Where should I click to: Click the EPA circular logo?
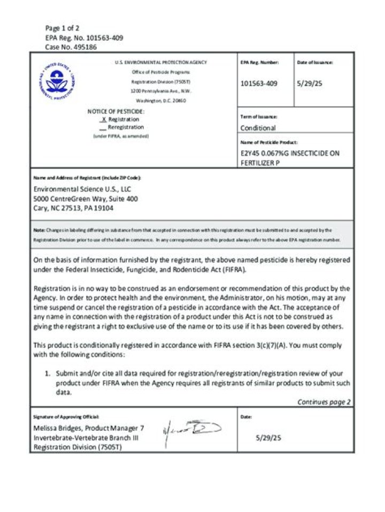point(57,81)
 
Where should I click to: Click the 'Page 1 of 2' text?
point(63,28)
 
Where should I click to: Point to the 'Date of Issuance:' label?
point(315,63)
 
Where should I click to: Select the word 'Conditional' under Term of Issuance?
point(258,128)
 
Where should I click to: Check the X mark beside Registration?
point(104,119)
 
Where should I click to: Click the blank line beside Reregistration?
point(103,128)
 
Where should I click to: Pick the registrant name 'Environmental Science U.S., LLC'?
point(82,189)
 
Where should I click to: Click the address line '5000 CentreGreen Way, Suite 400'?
point(86,198)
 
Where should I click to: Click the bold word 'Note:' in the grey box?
point(39,230)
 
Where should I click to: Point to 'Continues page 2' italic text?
point(324,402)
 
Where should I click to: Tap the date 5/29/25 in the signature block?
point(269,438)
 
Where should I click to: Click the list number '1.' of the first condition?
point(47,373)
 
